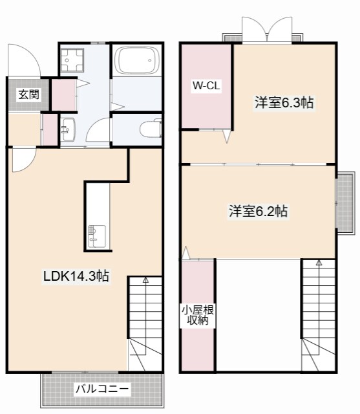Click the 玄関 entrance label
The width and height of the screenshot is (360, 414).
tap(28, 94)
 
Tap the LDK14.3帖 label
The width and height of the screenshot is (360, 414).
tap(76, 276)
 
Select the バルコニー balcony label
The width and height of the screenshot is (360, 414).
tap(102, 389)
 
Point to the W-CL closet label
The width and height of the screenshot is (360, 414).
tap(206, 86)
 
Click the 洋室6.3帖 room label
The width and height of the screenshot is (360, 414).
tap(284, 102)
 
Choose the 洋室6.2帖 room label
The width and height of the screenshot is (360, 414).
tap(257, 211)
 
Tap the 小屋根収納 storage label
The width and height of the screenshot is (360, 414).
tap(198, 315)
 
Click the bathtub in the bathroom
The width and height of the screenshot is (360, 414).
tap(136, 63)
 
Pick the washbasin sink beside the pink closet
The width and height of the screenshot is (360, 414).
tap(68, 128)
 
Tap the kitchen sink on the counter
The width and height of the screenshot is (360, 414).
tap(96, 235)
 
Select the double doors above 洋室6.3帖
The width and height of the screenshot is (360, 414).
tap(266, 30)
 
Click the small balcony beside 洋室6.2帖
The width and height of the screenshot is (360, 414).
tap(345, 201)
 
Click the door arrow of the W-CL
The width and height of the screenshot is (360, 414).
tap(226, 136)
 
